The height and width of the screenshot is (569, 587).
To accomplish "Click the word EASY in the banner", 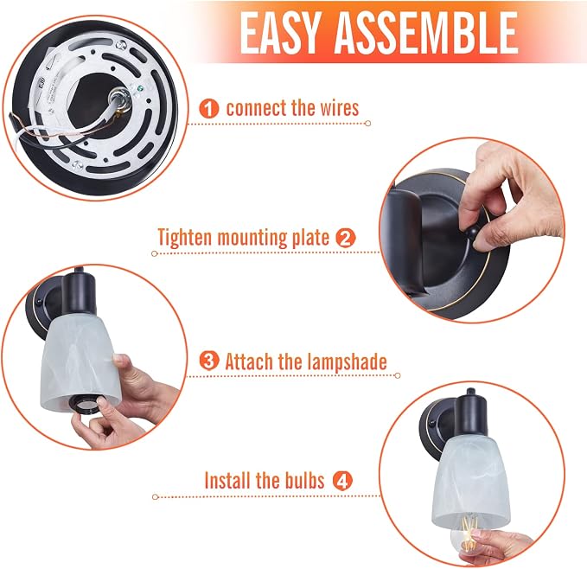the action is pyautogui.click(x=279, y=33).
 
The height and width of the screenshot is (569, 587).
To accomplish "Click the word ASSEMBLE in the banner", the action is pyautogui.click(x=426, y=33).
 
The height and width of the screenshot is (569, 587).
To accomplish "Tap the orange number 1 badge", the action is pyautogui.click(x=209, y=109).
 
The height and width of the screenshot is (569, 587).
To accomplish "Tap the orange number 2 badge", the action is pyautogui.click(x=345, y=238).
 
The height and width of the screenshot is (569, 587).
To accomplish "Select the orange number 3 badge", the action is pyautogui.click(x=209, y=361).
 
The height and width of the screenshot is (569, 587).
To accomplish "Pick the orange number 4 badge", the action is pyautogui.click(x=342, y=481).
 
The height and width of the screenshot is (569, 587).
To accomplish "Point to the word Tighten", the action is pyautogui.click(x=185, y=238).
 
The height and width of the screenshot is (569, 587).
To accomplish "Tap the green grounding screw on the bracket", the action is pyautogui.click(x=140, y=89).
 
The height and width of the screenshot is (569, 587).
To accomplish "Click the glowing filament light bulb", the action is pyautogui.click(x=467, y=536).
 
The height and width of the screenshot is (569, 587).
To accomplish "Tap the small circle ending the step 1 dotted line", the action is pyautogui.click(x=368, y=123).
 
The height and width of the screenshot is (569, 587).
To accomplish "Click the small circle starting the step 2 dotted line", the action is pyautogui.click(x=154, y=253).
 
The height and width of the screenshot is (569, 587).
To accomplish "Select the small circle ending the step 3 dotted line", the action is pyautogui.click(x=398, y=375).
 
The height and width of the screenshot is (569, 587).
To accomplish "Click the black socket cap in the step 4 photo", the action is pyautogui.click(x=470, y=415).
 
